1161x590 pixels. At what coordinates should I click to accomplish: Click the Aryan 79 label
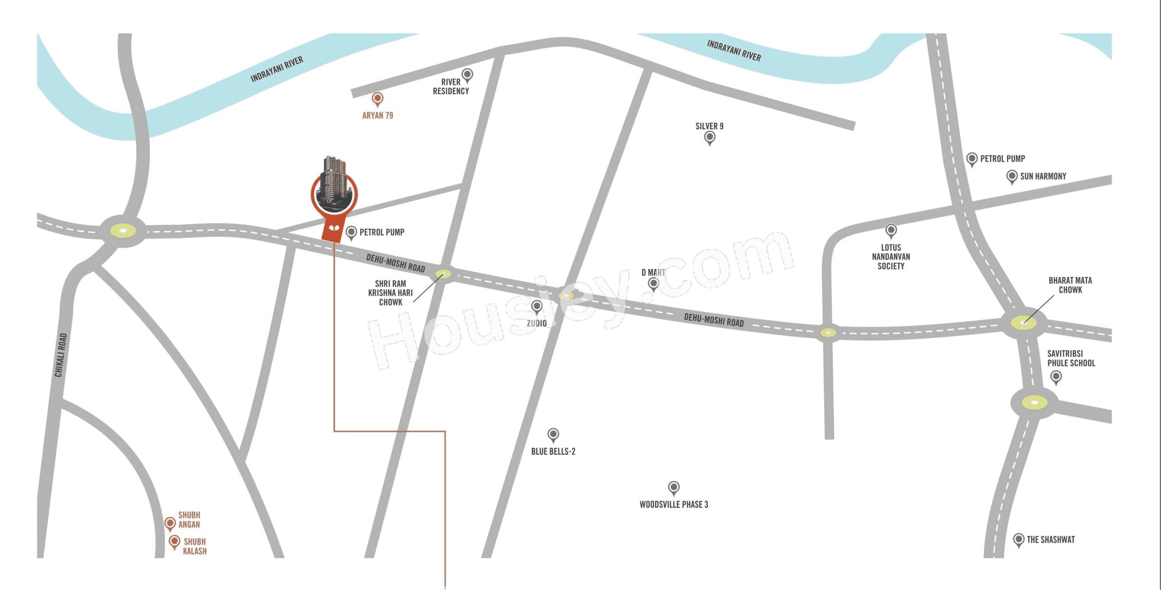377,116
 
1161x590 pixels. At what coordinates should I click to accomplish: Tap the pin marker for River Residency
467,75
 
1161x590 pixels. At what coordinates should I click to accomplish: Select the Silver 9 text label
709,126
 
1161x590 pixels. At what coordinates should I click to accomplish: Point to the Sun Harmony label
1043,176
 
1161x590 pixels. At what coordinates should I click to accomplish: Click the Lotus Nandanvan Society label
891,257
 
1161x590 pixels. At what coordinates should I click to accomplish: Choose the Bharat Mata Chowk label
1070,285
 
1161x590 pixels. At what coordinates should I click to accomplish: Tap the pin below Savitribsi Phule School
1056,377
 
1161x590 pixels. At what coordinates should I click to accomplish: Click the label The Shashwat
1051,539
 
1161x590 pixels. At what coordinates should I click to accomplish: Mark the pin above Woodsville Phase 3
674,487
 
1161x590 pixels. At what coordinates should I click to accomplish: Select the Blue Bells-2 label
553,451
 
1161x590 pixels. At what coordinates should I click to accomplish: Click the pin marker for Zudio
537,306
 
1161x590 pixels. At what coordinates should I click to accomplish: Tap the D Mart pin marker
653,284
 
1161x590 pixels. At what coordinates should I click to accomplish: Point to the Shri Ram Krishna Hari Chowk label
391,293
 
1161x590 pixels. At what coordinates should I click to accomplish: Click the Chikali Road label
61,355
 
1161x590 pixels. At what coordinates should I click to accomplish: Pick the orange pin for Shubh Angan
170,523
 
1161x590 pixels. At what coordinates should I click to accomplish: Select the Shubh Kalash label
195,546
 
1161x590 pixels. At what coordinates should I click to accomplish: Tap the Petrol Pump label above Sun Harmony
1002,159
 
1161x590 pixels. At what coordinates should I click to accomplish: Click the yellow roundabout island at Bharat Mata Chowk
1023,323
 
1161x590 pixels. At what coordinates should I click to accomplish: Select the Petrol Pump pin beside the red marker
351,232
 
